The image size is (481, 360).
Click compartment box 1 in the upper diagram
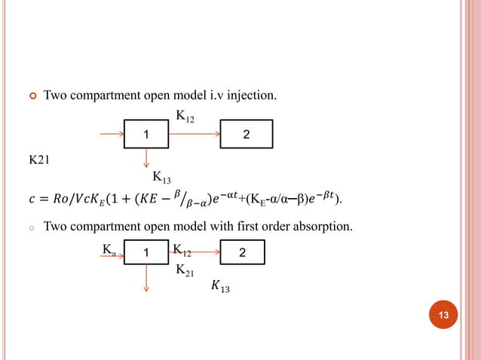[146, 134]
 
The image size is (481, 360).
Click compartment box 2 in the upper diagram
[246, 134]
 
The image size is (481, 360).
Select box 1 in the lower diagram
[146, 252]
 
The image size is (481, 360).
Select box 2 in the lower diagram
[242, 252]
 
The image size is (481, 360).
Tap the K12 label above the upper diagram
[185, 116]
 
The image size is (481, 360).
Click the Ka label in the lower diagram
[109, 249]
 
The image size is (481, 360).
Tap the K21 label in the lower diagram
[185, 270]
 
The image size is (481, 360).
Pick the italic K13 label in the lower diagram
[221, 286]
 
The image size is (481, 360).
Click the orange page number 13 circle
[443, 315]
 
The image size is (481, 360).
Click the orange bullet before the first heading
[32, 96]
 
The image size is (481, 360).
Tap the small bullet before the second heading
[32, 227]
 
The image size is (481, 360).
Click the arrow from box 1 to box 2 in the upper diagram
[194, 134]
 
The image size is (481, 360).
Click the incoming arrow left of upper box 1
[112, 134]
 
